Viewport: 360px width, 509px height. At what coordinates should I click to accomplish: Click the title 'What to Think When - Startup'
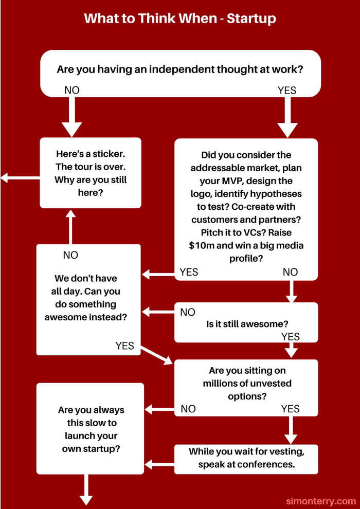coord(180,19)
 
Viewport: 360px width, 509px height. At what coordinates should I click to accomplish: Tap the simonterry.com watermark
coord(320,500)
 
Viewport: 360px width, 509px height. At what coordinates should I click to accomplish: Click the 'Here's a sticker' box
coord(91,173)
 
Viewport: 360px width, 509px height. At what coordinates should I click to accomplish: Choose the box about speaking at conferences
coord(246,459)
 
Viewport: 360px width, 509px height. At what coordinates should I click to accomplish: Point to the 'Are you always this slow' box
coord(91,429)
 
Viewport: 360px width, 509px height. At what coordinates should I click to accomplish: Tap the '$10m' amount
coord(202,245)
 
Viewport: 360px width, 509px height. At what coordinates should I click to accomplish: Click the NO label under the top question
coord(72,90)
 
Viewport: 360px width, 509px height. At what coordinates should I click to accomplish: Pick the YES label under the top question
coord(287,90)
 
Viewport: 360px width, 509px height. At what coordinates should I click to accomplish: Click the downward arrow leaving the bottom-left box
coord(86,489)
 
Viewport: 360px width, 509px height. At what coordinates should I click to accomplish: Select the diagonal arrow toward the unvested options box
coord(156,355)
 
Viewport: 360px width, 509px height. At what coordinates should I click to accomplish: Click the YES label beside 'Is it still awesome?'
coord(291,337)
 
